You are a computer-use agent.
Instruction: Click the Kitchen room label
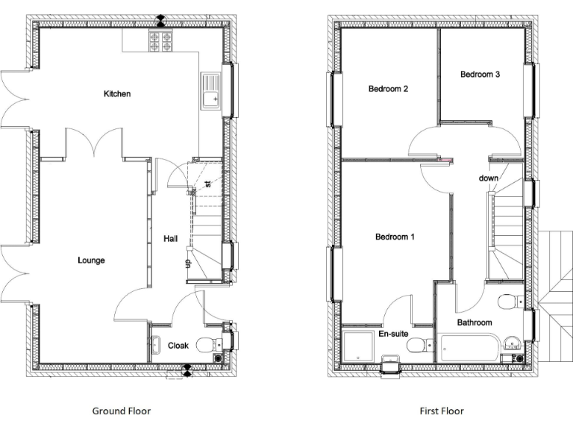[117, 94]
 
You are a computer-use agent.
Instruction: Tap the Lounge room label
[91, 261]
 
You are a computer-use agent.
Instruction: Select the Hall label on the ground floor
[171, 238]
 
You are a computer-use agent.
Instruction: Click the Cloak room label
[178, 346]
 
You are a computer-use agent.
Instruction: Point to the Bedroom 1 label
[395, 237]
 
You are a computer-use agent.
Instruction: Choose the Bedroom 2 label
[388, 89]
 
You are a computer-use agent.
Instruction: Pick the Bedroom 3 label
[480, 74]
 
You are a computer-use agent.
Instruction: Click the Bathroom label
[475, 322]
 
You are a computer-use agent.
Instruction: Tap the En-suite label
[392, 334]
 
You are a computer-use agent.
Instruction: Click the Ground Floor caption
[122, 411]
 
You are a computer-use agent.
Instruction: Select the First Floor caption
[441, 411]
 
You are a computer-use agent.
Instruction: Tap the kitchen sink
[210, 93]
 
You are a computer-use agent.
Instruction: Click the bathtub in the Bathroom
[469, 349]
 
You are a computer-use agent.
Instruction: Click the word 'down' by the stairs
[489, 178]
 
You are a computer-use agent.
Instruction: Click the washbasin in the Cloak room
[156, 345]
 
